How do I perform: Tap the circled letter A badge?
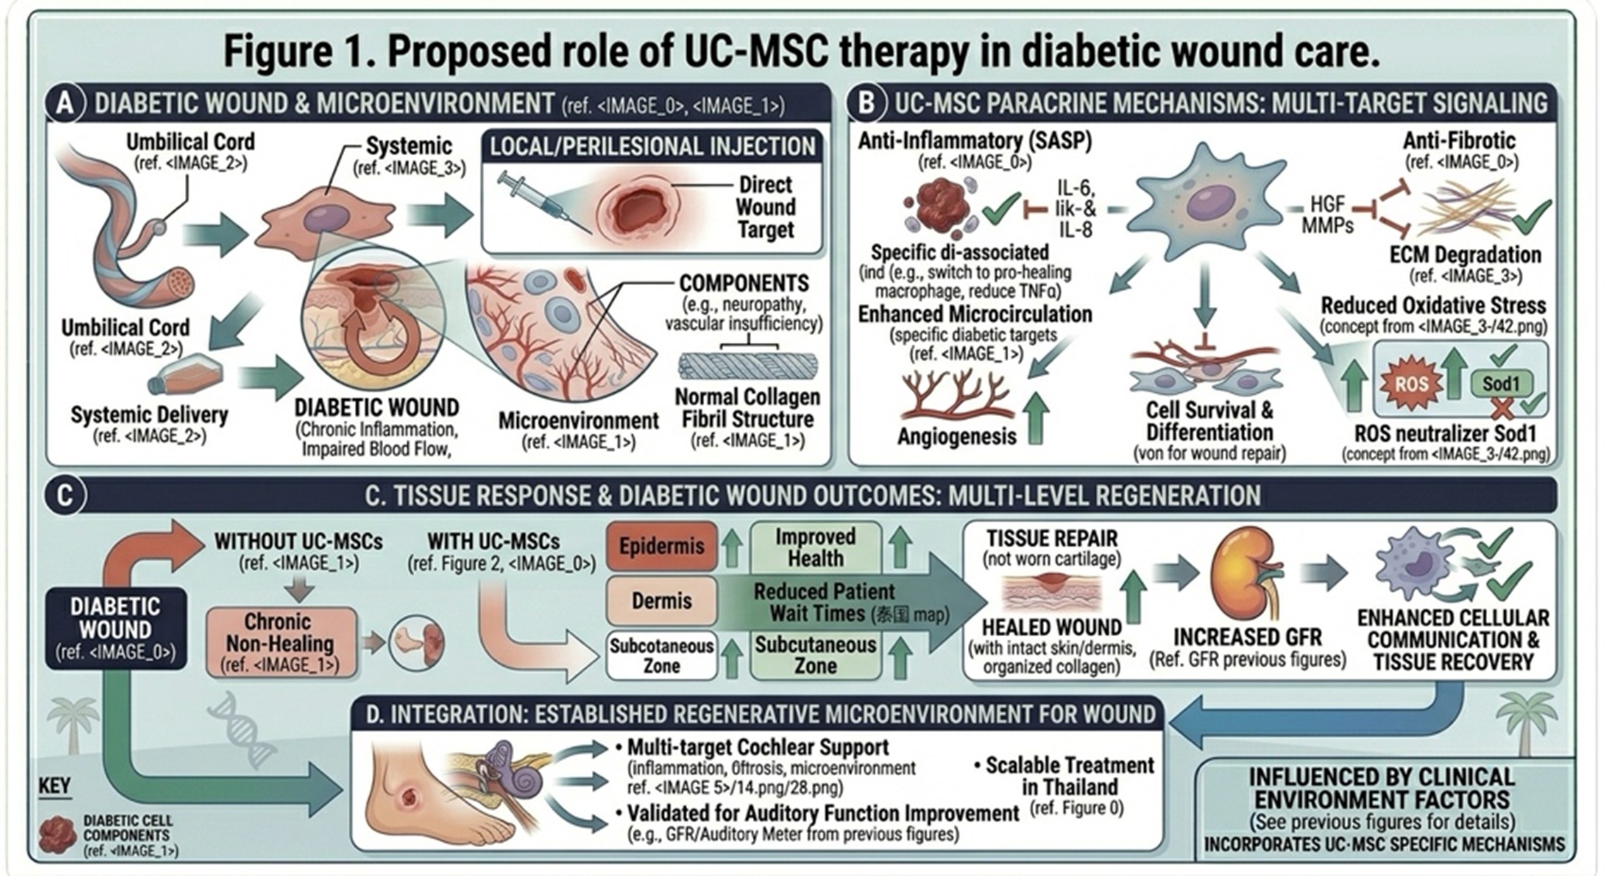65,103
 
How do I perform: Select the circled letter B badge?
867,103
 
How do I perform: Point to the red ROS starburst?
1411,384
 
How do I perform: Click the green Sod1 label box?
1500,384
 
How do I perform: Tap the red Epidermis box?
661,546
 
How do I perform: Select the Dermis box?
661,601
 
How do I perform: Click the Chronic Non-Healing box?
280,643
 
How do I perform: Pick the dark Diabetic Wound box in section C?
116,628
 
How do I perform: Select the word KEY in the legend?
54,786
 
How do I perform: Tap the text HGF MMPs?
1328,214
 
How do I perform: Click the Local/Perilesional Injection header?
652,146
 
